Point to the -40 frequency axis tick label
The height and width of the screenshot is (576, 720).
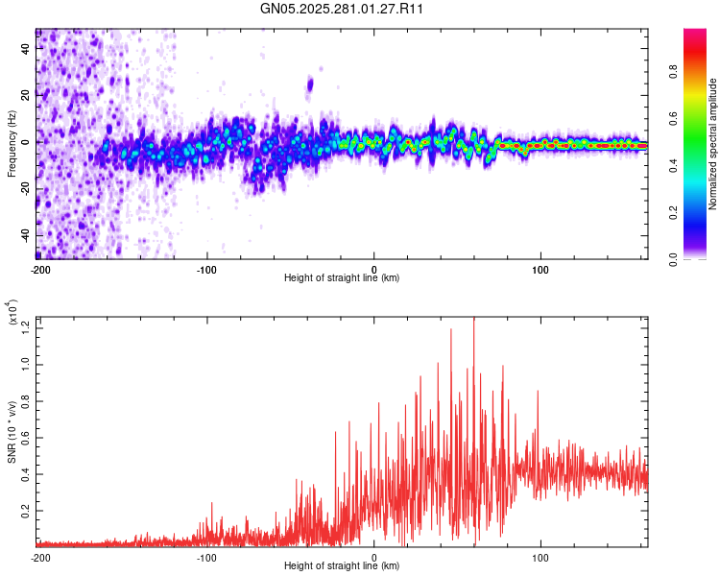point(26,235)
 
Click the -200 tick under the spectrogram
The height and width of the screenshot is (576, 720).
point(40,268)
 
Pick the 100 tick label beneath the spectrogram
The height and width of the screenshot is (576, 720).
point(540,268)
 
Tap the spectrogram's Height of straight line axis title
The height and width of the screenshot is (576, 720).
point(343,278)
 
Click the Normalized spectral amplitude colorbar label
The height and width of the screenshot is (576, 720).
point(713,144)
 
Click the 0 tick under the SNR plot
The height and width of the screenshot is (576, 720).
point(374,557)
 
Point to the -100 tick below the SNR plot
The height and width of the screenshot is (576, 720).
point(206,557)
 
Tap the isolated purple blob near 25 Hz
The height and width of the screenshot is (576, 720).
point(310,85)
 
